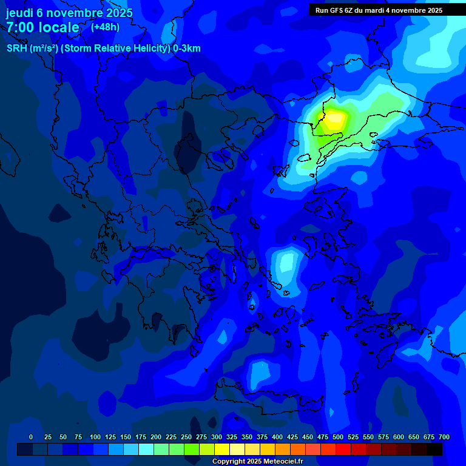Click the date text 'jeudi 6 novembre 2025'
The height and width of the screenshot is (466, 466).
tap(69, 13)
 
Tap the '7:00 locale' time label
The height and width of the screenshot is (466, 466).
tap(43, 27)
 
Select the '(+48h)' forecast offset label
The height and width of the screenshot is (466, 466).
tap(105, 27)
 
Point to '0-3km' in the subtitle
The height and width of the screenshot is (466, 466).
tap(186, 49)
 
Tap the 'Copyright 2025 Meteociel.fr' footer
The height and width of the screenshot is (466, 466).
tap(257, 462)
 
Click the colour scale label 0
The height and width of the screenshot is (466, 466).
tap(31, 437)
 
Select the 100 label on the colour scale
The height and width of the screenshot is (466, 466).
tap(95, 437)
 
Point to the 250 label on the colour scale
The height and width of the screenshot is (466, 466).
tap(186, 437)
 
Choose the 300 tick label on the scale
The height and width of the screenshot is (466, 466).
tap(217, 437)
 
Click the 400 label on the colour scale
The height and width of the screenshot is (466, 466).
tap(277, 437)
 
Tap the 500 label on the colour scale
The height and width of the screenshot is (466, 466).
tap(338, 437)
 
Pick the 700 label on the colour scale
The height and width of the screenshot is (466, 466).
tap(444, 437)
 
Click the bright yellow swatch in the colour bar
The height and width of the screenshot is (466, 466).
tap(222, 450)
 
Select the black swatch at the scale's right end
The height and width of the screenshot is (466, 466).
tap(434, 450)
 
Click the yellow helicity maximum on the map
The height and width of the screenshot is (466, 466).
tap(333, 120)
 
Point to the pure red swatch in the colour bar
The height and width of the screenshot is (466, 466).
tap(343, 450)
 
